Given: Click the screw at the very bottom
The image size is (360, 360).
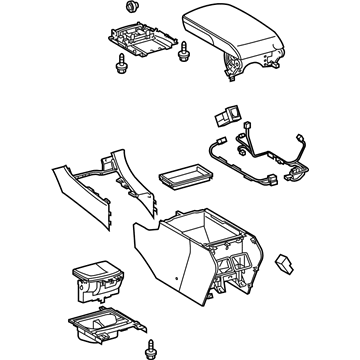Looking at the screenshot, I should click(153, 350).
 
